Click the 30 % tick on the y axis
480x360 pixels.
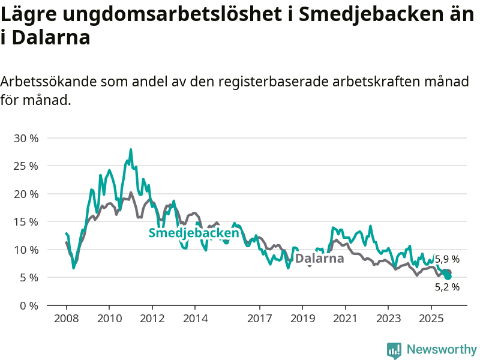26,138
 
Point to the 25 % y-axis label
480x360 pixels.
26,166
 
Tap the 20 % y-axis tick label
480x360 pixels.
26,194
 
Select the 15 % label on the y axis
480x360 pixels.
26,221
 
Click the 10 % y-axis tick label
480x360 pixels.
26,250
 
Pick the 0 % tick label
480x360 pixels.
28,305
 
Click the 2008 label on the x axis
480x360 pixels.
66,317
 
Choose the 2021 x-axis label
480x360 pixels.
345,317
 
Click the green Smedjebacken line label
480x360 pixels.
194,233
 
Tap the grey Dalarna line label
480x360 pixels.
320,259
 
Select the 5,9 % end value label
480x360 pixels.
448,259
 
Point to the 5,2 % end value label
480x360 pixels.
448,287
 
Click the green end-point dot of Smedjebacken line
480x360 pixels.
448,276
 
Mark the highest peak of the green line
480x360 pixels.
131,149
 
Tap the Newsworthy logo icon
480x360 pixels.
394,350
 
